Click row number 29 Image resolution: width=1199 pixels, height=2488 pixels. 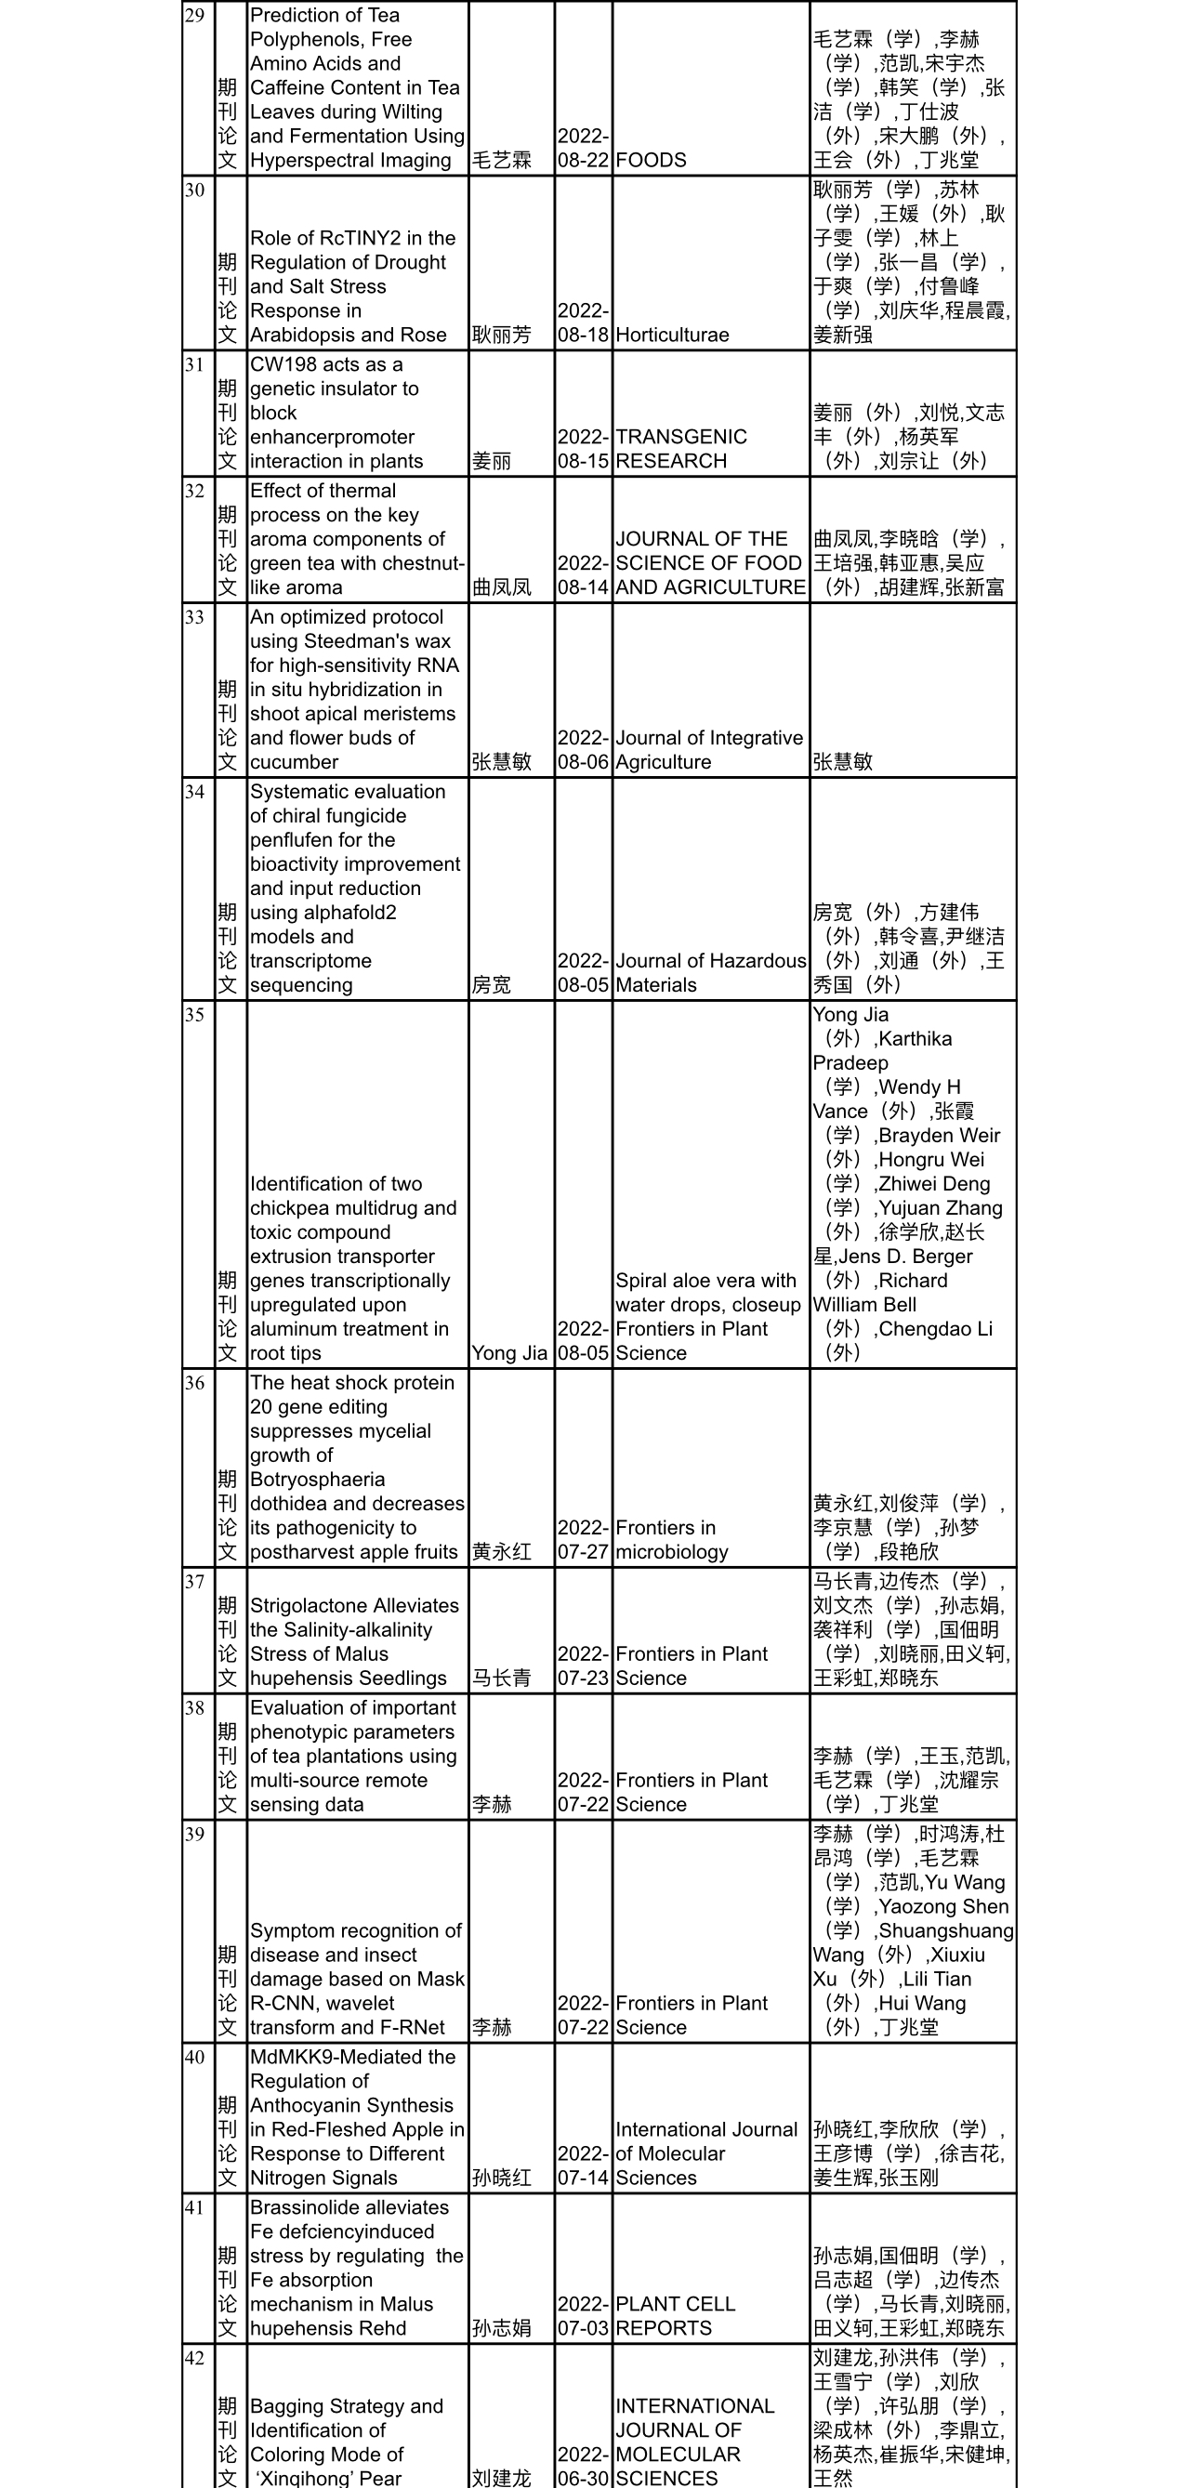click(194, 16)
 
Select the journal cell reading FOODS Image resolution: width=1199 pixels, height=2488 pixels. click(651, 161)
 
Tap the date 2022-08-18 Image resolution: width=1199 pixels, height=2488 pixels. click(583, 323)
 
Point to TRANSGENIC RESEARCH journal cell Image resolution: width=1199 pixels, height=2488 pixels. click(681, 449)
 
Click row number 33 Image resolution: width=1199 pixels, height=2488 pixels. click(194, 617)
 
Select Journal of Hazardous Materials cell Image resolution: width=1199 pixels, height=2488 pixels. click(710, 972)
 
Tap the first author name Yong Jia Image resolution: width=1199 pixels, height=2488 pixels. click(509, 1353)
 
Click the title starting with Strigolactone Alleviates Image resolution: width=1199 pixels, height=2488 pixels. click(354, 1642)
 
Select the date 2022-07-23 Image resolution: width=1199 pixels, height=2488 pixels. click(583, 1666)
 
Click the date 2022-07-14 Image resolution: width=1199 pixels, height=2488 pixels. click(583, 2165)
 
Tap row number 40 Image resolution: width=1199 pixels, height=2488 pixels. click(194, 2058)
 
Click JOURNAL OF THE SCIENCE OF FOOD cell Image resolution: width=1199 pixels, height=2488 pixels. click(710, 563)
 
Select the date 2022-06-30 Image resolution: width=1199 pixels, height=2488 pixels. click(583, 2466)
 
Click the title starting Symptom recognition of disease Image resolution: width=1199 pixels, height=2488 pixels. click(357, 1978)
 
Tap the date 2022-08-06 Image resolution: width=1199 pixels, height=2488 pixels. click(583, 749)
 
